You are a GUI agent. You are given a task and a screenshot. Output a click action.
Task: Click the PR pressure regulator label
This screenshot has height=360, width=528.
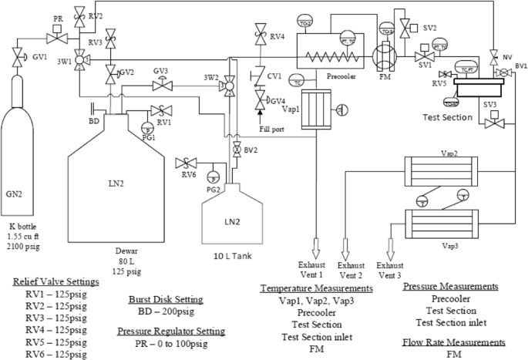(x=59, y=17)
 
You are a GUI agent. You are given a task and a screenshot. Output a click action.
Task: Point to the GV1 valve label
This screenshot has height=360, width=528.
(x=39, y=56)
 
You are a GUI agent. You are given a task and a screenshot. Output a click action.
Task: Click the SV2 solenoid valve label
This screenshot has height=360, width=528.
(x=429, y=28)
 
